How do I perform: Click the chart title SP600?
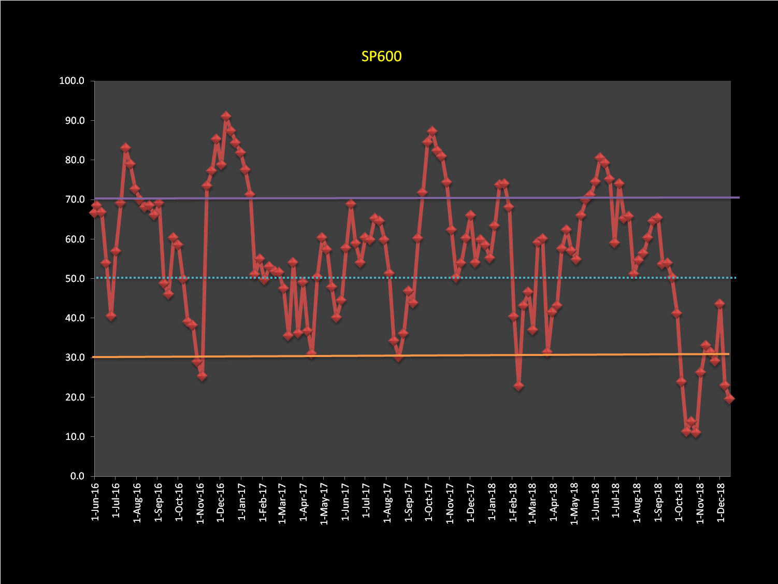pos(381,56)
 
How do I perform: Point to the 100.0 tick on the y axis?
pos(71,81)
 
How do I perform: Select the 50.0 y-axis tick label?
pos(74,279)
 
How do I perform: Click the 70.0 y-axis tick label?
pos(74,200)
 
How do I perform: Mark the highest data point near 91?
pos(226,117)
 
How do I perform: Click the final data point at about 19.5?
pos(729,398)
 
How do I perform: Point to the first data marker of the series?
pos(94,212)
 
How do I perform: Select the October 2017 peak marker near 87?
pos(432,132)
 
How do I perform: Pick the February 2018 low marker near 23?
pos(518,386)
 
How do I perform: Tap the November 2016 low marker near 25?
pos(202,376)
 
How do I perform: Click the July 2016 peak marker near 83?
pos(125,148)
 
